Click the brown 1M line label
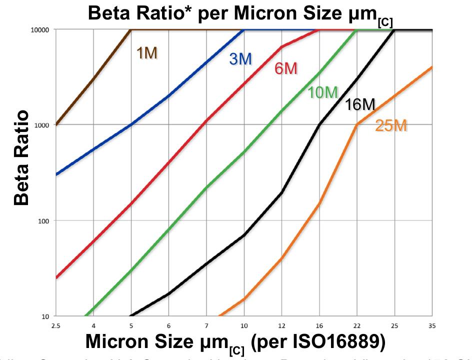click(x=147, y=53)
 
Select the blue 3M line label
click(x=240, y=59)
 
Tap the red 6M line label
click(x=286, y=68)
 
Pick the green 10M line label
click(x=322, y=92)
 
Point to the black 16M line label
click(x=359, y=104)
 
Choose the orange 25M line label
click(x=391, y=126)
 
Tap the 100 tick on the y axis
click(x=44, y=220)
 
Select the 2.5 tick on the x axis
click(x=56, y=326)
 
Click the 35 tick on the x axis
click(x=432, y=326)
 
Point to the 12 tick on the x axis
click(x=281, y=326)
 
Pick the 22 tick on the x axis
click(x=357, y=326)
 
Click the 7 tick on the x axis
click(x=206, y=326)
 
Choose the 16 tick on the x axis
click(x=319, y=326)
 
